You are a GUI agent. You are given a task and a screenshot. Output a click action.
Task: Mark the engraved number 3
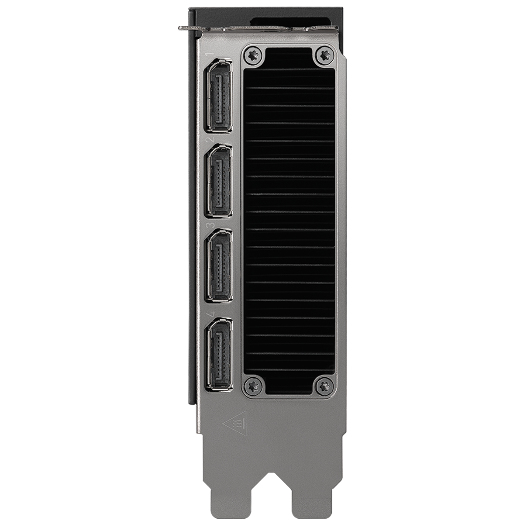point(210,225)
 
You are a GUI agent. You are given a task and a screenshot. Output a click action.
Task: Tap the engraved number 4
point(210,314)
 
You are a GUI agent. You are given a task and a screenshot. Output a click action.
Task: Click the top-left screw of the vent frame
point(254,55)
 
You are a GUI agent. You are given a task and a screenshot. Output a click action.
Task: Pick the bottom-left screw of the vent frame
point(254,385)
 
